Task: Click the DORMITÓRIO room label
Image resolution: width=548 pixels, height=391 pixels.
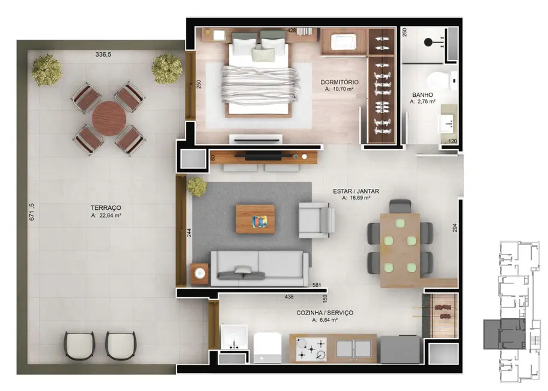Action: (339, 82)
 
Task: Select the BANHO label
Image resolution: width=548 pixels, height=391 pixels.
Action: (422, 95)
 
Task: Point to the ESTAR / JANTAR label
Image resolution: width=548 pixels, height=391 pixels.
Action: (356, 191)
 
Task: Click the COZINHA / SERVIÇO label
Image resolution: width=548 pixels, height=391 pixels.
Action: (324, 313)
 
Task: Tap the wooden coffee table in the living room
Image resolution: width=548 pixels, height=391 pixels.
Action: (255, 219)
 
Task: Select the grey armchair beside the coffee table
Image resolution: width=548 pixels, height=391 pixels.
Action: (316, 220)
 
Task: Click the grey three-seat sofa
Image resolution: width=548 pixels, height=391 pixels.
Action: (259, 268)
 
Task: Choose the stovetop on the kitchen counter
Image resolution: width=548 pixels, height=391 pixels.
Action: (311, 349)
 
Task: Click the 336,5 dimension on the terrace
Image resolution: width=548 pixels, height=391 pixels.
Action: (103, 54)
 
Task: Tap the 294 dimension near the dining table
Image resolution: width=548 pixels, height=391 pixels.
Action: (455, 228)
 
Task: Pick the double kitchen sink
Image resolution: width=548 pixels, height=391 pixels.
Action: (356, 348)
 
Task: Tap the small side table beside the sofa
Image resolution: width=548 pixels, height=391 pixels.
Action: (200, 274)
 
